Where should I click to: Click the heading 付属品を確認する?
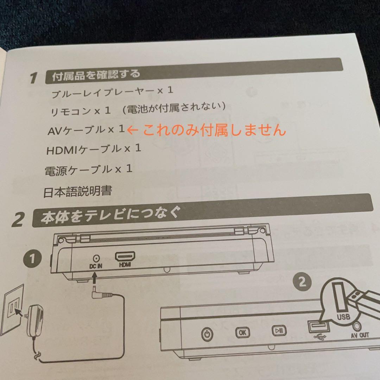point(96,75)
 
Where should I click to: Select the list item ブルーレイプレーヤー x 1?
point(112,93)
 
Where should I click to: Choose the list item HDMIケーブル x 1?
point(94,150)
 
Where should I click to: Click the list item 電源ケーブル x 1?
point(88,170)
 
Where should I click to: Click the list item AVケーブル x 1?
point(86,130)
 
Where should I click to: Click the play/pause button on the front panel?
point(279,330)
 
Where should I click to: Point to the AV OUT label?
point(359,335)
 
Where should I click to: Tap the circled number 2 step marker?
point(302,282)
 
